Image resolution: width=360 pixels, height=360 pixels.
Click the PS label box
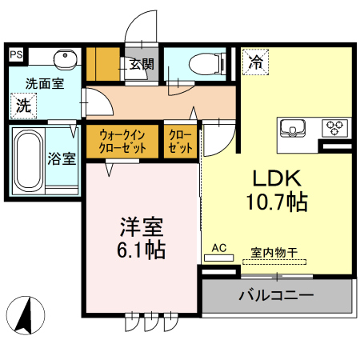pyautogui.click(x=16, y=54)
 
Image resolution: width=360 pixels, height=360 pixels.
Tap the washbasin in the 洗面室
pyautogui.click(x=66, y=58)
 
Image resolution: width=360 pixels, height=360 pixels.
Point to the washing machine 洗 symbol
pyautogui.click(x=23, y=106)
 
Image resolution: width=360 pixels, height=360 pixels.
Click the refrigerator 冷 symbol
pyautogui.click(x=255, y=62)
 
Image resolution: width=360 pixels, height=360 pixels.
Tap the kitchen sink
pyautogui.click(x=293, y=128)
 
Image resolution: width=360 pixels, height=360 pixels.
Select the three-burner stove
pyautogui.click(x=335, y=128)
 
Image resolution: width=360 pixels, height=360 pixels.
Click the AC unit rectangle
pyautogui.click(x=219, y=258)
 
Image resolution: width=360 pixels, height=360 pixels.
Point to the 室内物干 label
pyautogui.click(x=274, y=252)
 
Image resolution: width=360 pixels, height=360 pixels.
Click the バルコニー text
pyautogui.click(x=276, y=295)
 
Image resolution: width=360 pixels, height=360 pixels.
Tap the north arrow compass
pyautogui.click(x=26, y=315)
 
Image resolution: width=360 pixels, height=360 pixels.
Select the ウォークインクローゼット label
pyautogui.click(x=122, y=142)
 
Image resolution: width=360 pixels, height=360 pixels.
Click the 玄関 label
pyautogui.click(x=142, y=64)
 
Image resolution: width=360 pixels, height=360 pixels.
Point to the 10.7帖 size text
pyautogui.click(x=277, y=202)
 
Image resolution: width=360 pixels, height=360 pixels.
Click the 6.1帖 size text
pyautogui.click(x=141, y=250)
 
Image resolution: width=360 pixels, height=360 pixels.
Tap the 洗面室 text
pyautogui.click(x=45, y=84)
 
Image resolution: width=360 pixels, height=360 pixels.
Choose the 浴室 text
pyautogui.click(x=62, y=158)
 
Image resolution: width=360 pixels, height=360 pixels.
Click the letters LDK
pyautogui.click(x=277, y=178)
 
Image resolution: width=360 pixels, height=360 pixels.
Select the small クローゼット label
pyautogui.click(x=180, y=142)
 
